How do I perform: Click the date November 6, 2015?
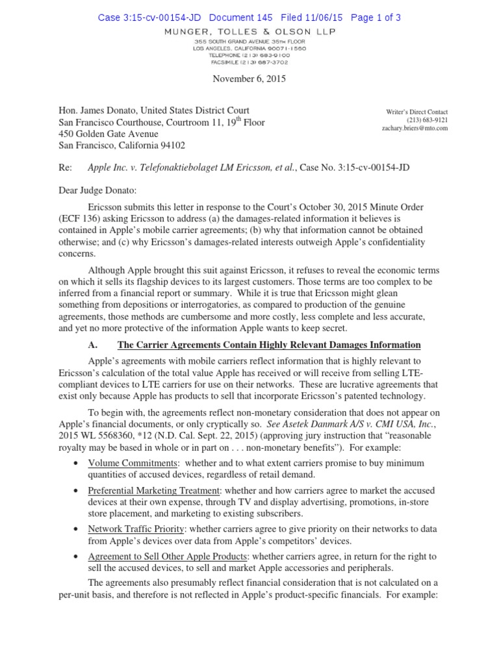click(x=249, y=79)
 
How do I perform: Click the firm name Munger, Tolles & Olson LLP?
click(x=249, y=31)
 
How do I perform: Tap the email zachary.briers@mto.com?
click(x=415, y=129)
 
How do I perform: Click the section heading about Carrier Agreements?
click(x=268, y=345)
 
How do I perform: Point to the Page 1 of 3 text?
click(x=376, y=18)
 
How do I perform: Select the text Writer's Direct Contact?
click(x=416, y=112)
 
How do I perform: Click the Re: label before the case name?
click(x=65, y=168)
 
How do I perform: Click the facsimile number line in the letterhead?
click(x=249, y=63)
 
